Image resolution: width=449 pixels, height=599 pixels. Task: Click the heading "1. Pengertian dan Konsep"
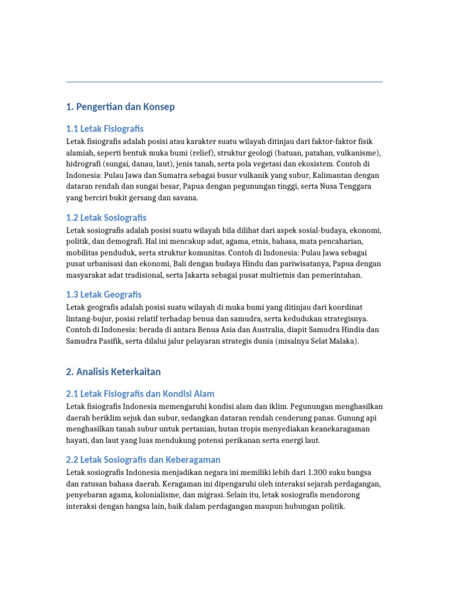pyautogui.click(x=120, y=107)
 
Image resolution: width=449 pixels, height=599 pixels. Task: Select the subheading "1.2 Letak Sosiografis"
pyautogui.click(x=106, y=218)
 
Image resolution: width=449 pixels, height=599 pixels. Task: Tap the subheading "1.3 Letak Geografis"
pyautogui.click(x=103, y=294)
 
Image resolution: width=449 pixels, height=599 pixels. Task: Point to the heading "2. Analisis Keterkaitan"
pyautogui.click(x=113, y=372)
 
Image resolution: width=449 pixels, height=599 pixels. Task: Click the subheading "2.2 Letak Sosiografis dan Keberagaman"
pyautogui.click(x=143, y=460)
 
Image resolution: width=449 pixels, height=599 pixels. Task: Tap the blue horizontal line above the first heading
pyautogui.click(x=224, y=82)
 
